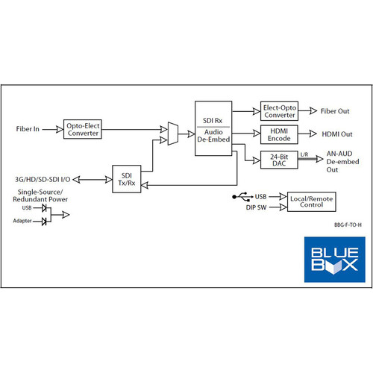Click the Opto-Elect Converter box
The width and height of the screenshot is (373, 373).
coord(83,129)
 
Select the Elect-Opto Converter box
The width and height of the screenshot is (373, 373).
coord(279,111)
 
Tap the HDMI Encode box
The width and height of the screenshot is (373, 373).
coord(279,134)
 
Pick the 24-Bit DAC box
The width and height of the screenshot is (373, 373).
coord(279,160)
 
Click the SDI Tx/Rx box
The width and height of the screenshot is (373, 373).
coord(127,179)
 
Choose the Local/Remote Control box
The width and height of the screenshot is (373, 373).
coord(312,201)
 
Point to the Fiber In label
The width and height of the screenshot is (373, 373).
coord(28,129)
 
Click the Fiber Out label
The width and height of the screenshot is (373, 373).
coord(335,111)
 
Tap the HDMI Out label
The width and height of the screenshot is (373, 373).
coord(337,134)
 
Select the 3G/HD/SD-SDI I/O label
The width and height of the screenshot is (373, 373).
coord(43,179)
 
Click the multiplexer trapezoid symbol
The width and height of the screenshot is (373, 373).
coord(173,134)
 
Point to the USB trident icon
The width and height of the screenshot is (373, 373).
coord(242,197)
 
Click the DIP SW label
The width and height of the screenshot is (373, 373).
coord(256,207)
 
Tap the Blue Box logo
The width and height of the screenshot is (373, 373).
coord(335,260)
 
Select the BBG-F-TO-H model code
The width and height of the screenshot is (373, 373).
coord(348,225)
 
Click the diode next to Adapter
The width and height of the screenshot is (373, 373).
coord(44,221)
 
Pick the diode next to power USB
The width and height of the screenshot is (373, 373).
coord(44,207)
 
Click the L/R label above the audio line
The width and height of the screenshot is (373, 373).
coord(304,154)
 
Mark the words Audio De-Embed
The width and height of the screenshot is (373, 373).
coord(213,136)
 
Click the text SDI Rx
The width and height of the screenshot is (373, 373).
coord(213,121)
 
